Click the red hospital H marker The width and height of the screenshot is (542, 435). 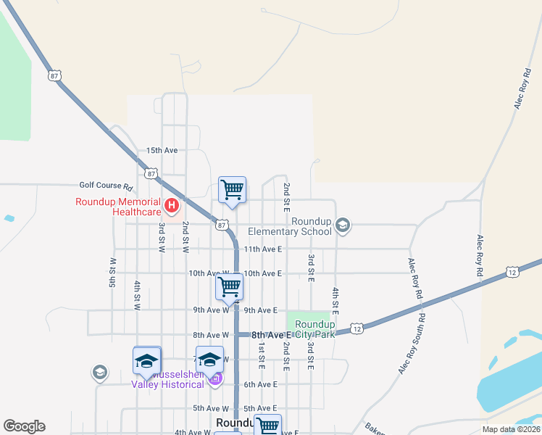[x=172, y=207]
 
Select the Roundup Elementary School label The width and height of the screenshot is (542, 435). [x=290, y=226]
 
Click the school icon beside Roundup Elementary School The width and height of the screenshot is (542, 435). [x=343, y=227]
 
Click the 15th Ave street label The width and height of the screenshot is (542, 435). [x=162, y=150]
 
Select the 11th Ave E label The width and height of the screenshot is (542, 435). [x=262, y=249]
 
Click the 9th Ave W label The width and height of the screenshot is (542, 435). [x=211, y=310]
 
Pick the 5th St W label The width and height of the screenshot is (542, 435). [x=113, y=272]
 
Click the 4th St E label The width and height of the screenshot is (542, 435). [x=336, y=302]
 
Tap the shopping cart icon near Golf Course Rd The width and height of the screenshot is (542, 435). [x=233, y=190]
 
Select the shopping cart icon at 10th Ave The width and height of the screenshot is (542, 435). [x=229, y=286]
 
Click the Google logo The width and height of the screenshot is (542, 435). [x=24, y=426]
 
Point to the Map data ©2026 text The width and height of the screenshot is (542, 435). [x=511, y=429]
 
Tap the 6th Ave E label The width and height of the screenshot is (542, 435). [x=261, y=384]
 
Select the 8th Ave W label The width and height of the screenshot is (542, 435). [x=211, y=335]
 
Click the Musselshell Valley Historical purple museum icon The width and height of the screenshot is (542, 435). [x=215, y=378]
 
